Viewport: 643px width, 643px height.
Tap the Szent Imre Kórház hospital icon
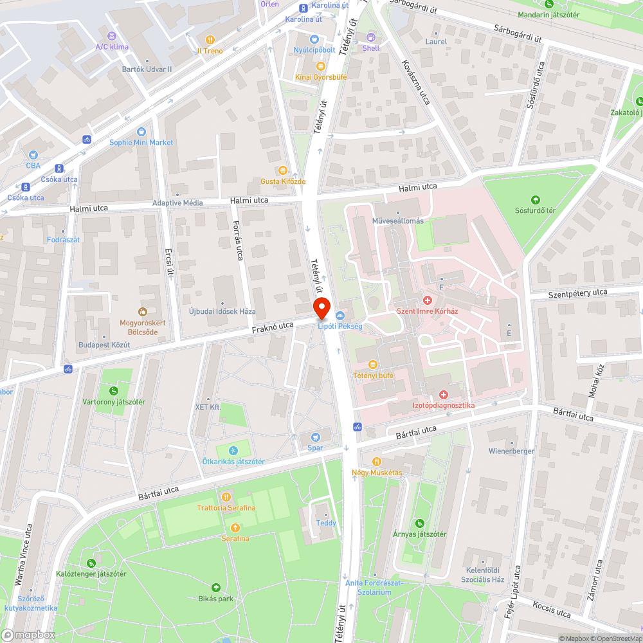tap(427, 300)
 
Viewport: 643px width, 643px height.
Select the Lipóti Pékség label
tap(340, 326)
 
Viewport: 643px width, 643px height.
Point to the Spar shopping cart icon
tap(315, 437)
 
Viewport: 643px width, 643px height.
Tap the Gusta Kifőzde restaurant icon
tap(283, 170)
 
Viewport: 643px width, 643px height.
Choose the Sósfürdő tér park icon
tap(534, 199)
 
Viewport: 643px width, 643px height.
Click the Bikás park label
tap(215, 599)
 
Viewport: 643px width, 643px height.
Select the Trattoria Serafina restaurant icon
tap(226, 497)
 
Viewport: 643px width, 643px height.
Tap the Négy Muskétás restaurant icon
tap(377, 461)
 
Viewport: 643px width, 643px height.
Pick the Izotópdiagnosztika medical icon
tap(443, 394)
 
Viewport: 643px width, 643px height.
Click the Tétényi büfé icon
tap(372, 364)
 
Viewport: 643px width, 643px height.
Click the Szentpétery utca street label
tap(577, 293)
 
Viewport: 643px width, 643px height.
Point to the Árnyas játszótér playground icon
tap(420, 523)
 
